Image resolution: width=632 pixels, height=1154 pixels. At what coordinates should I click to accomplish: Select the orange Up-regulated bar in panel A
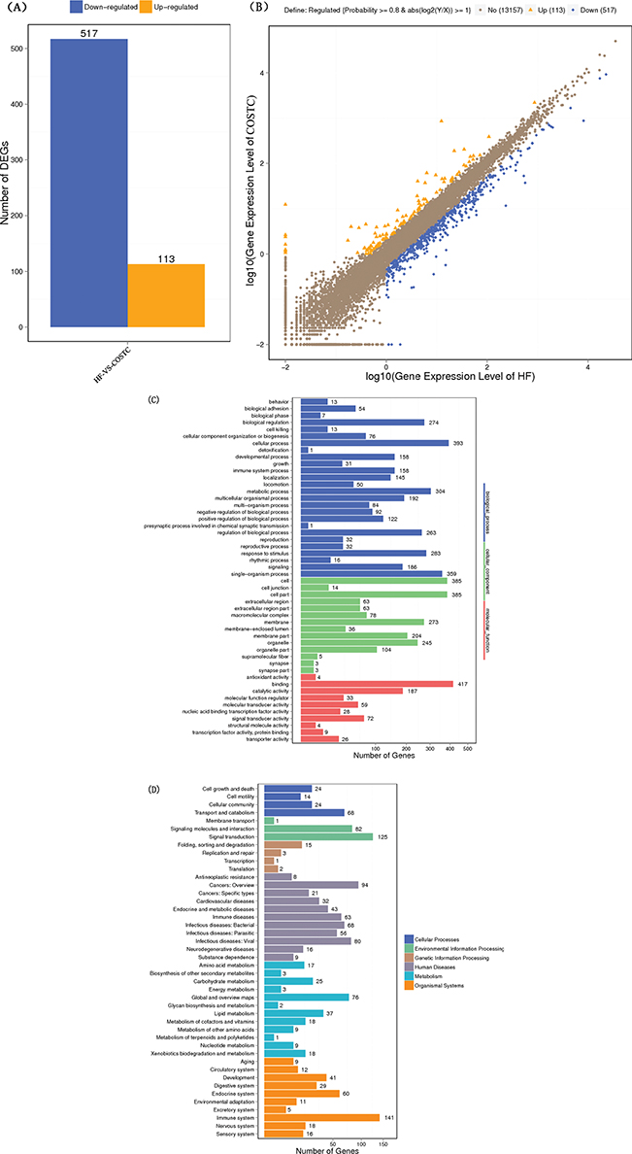pyautogui.click(x=166, y=295)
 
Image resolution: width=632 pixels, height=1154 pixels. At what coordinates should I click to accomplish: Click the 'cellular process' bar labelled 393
pyautogui.click(x=375, y=442)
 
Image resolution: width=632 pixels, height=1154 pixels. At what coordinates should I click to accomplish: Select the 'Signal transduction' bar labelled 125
pyautogui.click(x=318, y=836)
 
